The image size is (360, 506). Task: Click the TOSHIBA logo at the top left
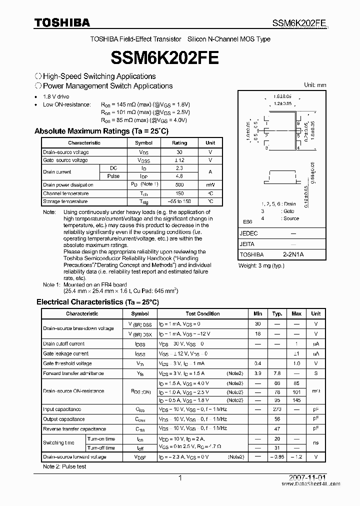click(x=62, y=22)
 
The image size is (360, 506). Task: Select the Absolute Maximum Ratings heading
click(x=101, y=131)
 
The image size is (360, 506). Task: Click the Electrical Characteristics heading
click(x=97, y=302)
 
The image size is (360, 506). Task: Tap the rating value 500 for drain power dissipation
click(x=179, y=185)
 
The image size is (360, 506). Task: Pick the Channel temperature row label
click(x=65, y=193)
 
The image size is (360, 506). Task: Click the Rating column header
click(x=179, y=143)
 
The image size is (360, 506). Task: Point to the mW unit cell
click(x=210, y=185)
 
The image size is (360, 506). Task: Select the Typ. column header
click(x=277, y=314)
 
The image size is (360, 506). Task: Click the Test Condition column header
click(x=202, y=314)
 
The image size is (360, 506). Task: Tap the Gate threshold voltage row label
click(x=67, y=363)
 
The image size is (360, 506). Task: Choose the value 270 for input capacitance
click(x=277, y=409)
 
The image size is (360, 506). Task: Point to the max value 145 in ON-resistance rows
click(x=296, y=400)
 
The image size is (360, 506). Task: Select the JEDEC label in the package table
click(x=249, y=233)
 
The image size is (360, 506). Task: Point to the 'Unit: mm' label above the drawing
click(x=315, y=85)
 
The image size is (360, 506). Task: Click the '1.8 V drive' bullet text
click(x=56, y=96)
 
